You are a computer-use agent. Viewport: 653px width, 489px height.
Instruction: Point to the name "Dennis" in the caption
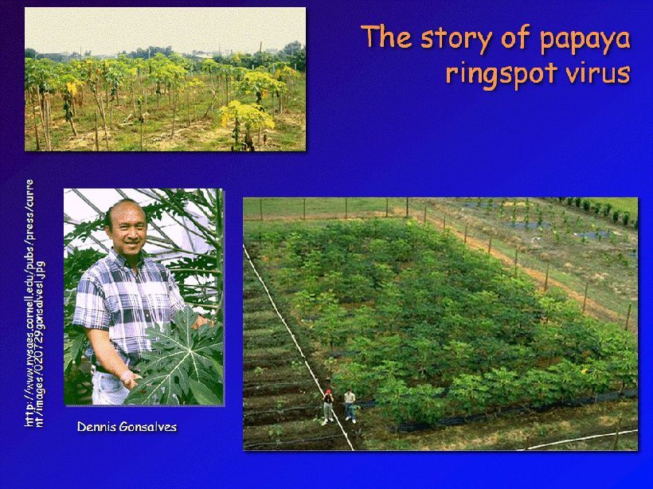(96, 427)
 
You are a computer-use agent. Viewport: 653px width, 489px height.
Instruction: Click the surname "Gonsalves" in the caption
(148, 427)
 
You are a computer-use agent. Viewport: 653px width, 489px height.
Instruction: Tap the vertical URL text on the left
(35, 303)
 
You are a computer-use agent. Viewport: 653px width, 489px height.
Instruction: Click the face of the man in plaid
(128, 228)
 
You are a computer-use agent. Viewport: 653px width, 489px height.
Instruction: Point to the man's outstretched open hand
(130, 378)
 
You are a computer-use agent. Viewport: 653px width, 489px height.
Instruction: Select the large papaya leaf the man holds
(179, 358)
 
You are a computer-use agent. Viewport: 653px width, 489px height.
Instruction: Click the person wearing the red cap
(328, 406)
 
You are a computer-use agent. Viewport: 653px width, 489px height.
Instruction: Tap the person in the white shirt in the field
(350, 405)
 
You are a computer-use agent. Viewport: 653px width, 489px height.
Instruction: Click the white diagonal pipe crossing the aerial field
(298, 348)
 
